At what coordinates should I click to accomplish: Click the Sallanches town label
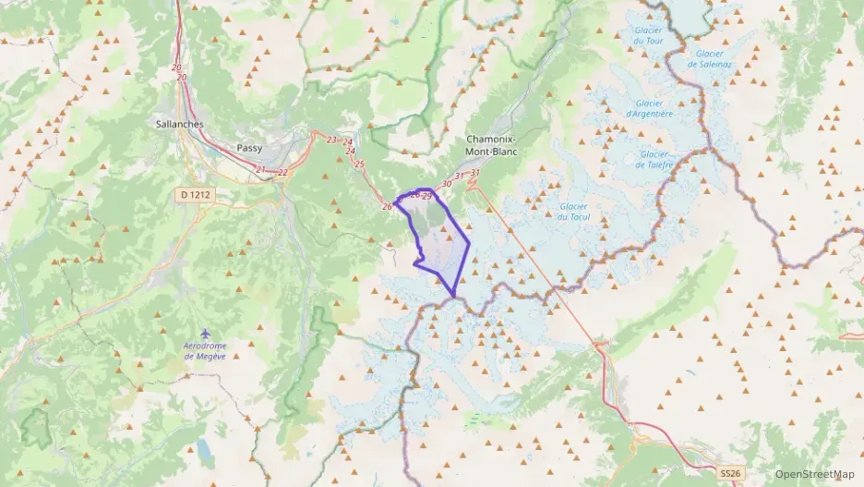click(x=180, y=123)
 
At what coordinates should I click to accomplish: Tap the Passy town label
click(x=249, y=147)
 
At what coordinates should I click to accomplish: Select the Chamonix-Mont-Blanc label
click(x=491, y=145)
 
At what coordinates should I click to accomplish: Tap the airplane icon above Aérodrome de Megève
click(x=205, y=334)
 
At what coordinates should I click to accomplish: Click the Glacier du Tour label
click(x=649, y=35)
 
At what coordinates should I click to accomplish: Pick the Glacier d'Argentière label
click(x=649, y=108)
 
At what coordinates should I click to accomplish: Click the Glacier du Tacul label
click(x=573, y=212)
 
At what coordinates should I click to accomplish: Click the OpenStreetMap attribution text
click(x=814, y=475)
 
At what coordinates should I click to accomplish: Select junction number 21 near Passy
click(x=261, y=170)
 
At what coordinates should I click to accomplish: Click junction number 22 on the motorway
click(x=282, y=173)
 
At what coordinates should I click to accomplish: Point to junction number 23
click(x=331, y=140)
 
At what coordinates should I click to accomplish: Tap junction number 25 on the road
click(x=360, y=164)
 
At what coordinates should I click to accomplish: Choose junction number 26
click(x=387, y=206)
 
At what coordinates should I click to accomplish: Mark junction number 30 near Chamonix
click(x=447, y=184)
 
